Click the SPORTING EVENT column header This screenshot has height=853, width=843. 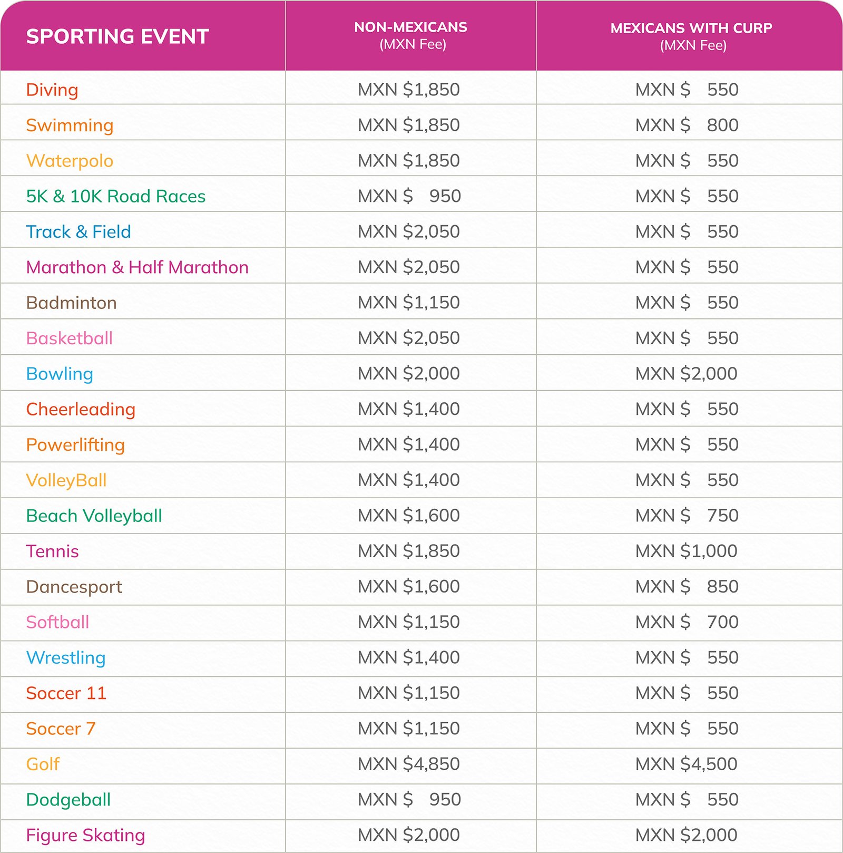(x=117, y=36)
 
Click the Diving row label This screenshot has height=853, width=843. (x=52, y=90)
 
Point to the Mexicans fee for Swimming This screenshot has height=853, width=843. (x=687, y=125)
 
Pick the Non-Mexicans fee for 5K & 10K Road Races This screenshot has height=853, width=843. (x=409, y=196)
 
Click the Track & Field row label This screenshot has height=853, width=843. (x=79, y=231)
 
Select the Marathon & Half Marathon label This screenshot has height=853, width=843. (x=137, y=267)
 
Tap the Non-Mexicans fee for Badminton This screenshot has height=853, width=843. (x=409, y=303)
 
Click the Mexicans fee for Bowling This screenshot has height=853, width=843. (x=686, y=373)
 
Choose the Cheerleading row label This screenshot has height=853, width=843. (x=81, y=409)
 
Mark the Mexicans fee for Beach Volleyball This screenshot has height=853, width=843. (x=687, y=516)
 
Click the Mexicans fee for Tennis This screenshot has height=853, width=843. (x=686, y=551)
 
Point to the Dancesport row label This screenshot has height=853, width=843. (x=74, y=587)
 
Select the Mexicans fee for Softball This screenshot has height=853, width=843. (x=687, y=622)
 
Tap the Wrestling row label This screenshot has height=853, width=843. (x=66, y=657)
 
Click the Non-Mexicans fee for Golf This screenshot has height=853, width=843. (x=409, y=764)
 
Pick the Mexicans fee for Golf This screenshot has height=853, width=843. (x=686, y=764)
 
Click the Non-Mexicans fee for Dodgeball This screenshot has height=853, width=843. (x=409, y=799)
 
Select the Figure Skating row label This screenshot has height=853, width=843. (x=85, y=835)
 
